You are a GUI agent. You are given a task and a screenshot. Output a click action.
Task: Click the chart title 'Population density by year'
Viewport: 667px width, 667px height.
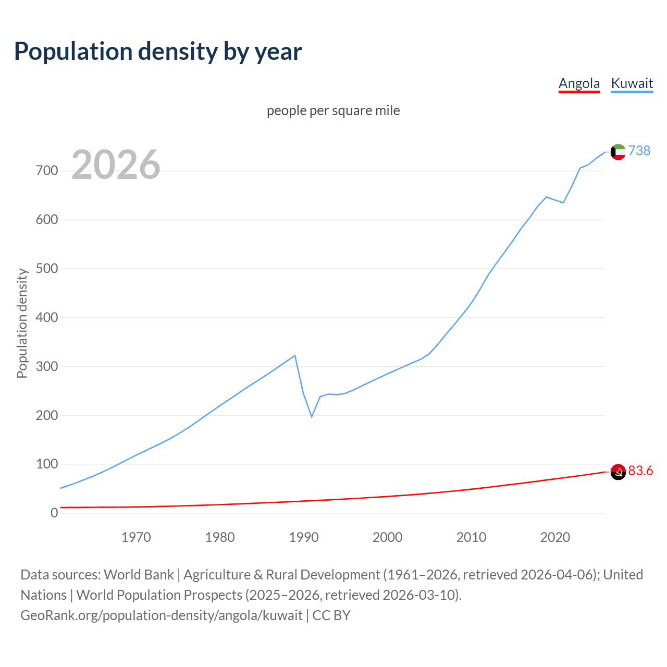click(158, 52)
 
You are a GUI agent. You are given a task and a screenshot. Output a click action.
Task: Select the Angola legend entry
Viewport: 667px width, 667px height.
click(579, 83)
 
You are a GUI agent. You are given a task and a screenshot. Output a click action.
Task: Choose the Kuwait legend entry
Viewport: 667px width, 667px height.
click(632, 83)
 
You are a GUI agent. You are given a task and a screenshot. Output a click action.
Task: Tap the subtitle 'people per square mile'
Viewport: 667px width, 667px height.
click(333, 110)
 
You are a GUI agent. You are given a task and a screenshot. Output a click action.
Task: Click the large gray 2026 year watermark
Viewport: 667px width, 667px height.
click(116, 165)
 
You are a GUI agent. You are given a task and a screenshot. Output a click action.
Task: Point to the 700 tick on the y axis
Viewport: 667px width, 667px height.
click(47, 170)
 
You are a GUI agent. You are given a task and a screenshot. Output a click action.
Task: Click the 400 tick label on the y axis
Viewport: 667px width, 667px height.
click(47, 317)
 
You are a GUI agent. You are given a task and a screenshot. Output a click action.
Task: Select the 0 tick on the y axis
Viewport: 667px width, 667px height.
click(54, 513)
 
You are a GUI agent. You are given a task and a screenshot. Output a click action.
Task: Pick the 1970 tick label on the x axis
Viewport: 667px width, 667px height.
click(136, 537)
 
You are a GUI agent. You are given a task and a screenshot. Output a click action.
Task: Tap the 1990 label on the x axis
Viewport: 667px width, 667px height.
click(304, 537)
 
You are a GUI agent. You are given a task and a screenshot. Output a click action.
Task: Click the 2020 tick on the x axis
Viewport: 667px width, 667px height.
click(555, 537)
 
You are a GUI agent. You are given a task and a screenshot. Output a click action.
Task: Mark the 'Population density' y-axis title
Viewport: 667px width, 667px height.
click(22, 323)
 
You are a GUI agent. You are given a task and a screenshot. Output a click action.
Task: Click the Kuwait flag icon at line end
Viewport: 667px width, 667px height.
click(618, 152)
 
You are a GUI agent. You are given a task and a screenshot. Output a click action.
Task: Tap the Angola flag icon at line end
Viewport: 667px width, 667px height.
click(618, 472)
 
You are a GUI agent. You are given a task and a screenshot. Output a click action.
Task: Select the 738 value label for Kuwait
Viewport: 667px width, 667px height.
click(639, 151)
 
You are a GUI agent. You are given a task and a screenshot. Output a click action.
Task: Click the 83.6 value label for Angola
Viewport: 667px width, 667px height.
click(640, 471)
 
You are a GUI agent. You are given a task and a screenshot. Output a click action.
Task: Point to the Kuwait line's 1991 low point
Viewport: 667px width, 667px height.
click(312, 416)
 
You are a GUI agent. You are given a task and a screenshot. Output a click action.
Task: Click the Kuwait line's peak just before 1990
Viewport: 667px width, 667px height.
click(295, 355)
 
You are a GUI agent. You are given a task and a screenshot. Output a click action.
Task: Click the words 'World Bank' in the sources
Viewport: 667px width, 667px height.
click(139, 574)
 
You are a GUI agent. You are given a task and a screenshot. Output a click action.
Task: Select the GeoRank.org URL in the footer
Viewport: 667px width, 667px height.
click(162, 615)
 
